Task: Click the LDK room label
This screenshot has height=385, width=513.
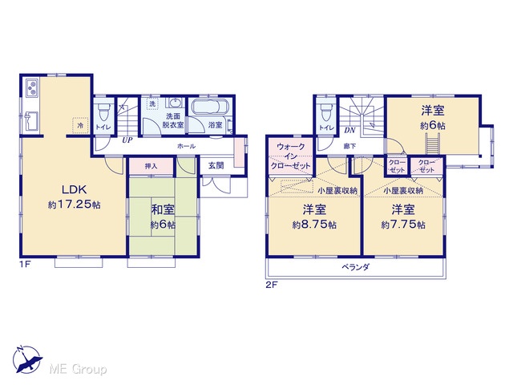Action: [x=75, y=189]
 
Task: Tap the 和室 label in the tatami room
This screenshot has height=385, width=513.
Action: [x=163, y=210]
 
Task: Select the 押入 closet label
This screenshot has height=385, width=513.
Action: [x=151, y=166]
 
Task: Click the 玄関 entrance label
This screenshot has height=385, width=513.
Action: [x=216, y=166]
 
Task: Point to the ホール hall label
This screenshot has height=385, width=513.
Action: [x=186, y=146]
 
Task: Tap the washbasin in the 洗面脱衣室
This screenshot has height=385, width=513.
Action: [x=176, y=102]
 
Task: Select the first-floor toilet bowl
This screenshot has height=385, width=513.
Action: [x=104, y=111]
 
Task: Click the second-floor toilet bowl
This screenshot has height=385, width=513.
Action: [x=326, y=111]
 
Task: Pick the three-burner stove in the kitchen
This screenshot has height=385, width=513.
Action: [x=32, y=87]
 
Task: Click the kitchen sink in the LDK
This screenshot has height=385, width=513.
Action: [x=31, y=120]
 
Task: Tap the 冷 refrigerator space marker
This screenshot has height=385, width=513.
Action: [x=80, y=125]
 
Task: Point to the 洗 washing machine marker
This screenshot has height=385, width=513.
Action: [x=152, y=103]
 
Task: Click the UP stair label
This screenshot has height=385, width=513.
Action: [x=127, y=140]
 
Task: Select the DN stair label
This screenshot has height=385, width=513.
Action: [x=349, y=130]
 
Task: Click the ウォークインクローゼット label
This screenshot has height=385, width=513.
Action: [x=290, y=156]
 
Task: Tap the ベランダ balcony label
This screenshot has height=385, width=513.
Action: [x=356, y=267]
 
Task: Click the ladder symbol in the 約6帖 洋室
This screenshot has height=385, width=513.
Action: [x=433, y=144]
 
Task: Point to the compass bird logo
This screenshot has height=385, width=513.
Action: [x=28, y=359]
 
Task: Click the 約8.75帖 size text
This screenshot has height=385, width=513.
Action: [x=314, y=225]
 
